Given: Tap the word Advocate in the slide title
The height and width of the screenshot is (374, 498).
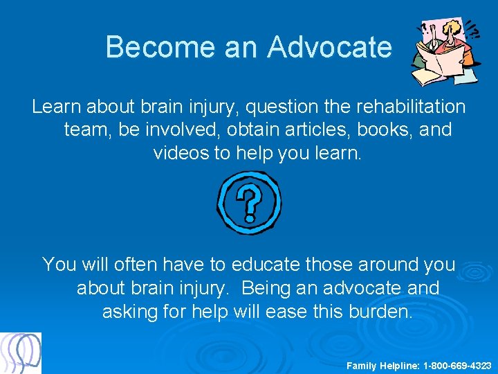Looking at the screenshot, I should tap(329, 47).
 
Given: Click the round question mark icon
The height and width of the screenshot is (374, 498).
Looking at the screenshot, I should tap(249, 202).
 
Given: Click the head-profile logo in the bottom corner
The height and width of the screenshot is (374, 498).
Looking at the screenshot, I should tap(21, 353).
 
